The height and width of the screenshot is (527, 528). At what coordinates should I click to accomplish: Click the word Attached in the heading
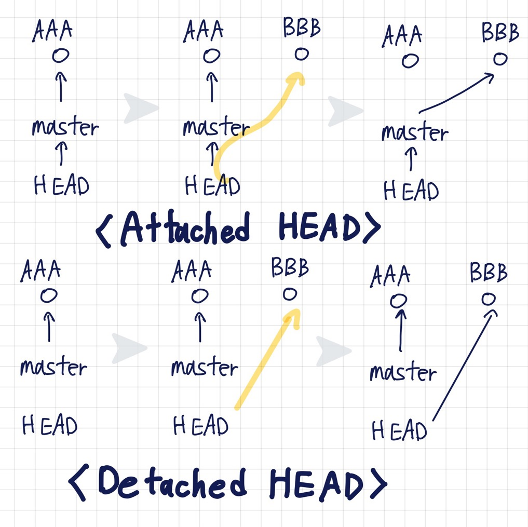[185, 228]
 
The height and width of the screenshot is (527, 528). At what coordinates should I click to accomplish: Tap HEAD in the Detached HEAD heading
[316, 484]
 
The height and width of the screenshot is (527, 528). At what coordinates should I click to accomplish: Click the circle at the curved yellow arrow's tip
[301, 54]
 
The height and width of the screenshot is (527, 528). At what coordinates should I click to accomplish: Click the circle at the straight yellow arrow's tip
[290, 294]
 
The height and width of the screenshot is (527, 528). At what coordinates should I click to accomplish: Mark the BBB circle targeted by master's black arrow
[499, 59]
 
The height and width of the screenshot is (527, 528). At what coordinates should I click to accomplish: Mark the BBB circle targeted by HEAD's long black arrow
[488, 299]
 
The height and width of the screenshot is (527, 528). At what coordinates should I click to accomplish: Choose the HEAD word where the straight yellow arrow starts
[200, 426]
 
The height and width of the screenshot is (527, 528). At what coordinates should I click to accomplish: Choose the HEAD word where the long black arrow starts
[399, 431]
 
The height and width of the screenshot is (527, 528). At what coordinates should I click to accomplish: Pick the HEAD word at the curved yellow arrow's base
[212, 185]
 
